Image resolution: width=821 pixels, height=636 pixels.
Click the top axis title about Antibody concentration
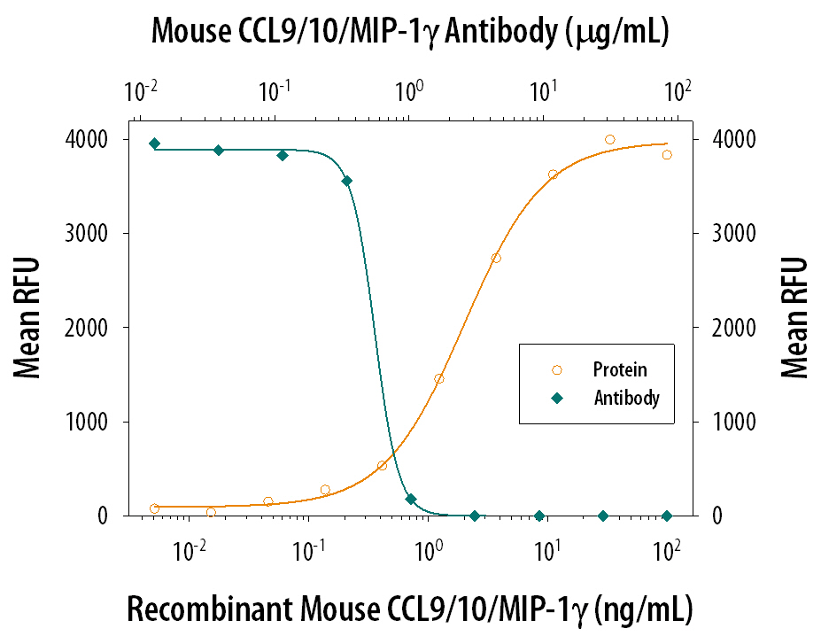409,32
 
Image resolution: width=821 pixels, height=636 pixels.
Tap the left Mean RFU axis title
28,328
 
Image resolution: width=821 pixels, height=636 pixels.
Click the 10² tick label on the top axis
678,90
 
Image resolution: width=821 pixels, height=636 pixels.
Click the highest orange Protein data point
609,140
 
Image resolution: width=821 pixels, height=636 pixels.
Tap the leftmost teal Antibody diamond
154,143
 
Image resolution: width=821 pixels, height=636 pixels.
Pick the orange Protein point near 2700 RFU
496,258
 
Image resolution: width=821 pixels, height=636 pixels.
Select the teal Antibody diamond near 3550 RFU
346,181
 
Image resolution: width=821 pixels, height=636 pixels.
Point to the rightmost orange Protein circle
667,154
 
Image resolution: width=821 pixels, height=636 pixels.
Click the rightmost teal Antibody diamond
667,516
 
